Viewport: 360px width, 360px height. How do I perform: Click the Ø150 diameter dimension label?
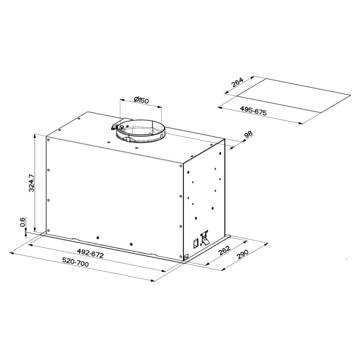click(x=141, y=100)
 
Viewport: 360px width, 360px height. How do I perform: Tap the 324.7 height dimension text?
click(x=31, y=183)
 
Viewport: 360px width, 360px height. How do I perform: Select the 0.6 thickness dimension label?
click(x=22, y=222)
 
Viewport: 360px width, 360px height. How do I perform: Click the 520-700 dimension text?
click(x=76, y=262)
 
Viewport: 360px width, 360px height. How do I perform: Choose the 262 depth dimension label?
click(x=224, y=250)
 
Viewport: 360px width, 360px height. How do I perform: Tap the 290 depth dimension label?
click(x=242, y=254)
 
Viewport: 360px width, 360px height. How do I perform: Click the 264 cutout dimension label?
click(x=237, y=83)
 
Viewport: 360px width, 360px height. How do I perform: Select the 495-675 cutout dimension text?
click(x=254, y=111)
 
